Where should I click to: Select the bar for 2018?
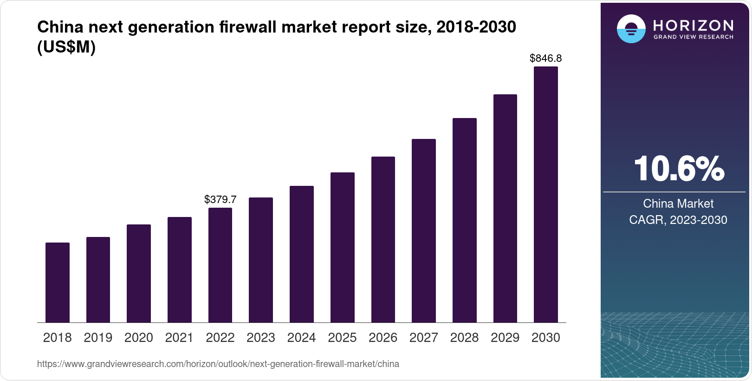(58, 282)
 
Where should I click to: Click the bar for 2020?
(139, 273)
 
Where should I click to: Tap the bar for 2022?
(220, 265)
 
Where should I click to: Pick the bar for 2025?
(343, 247)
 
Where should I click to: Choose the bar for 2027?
(424, 230)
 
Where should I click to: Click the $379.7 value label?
(220, 200)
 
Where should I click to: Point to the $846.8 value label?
(546, 59)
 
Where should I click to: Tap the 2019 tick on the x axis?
(98, 338)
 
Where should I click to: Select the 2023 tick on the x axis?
(261, 338)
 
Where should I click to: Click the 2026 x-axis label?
(383, 338)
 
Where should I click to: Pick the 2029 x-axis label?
(505, 338)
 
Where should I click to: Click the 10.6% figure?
(679, 169)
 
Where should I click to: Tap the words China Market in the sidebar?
(678, 204)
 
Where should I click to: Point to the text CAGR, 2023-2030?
(678, 220)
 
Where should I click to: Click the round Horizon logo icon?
(631, 29)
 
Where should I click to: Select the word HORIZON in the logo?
(694, 25)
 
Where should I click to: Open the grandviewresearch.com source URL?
(218, 364)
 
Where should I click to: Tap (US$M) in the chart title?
(66, 47)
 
